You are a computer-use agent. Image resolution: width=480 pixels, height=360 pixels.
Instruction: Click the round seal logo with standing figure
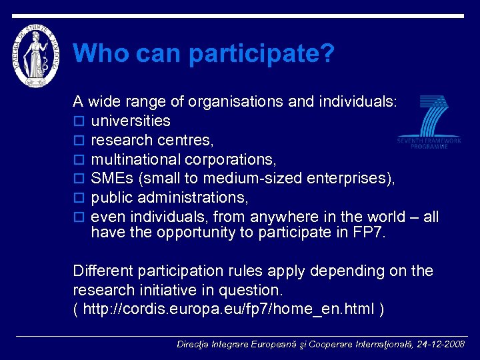point(37,53)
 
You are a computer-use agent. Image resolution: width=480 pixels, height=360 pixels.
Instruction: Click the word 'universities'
point(131,121)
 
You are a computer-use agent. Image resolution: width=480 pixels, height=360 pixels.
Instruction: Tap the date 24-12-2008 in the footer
point(441,345)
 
